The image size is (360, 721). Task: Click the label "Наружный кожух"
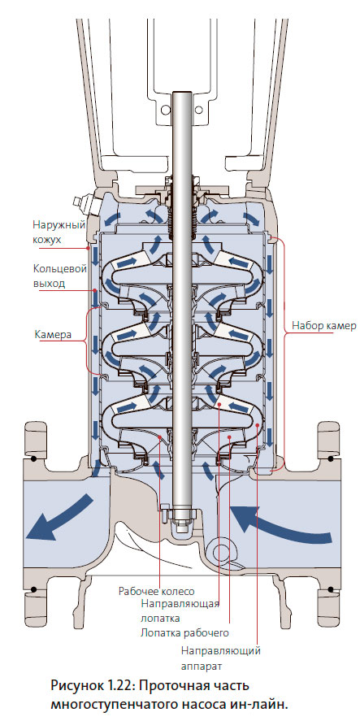[59, 232]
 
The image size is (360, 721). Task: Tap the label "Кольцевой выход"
[60, 276]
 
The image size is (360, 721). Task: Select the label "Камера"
[53, 334]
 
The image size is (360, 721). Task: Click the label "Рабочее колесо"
[156, 591]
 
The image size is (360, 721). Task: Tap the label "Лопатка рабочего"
[184, 633]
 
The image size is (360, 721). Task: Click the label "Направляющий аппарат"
[221, 658]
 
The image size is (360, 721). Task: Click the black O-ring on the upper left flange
[33, 458]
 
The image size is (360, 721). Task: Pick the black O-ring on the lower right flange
[330, 589]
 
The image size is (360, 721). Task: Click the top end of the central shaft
[182, 93]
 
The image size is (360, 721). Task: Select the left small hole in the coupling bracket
[166, 110]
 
